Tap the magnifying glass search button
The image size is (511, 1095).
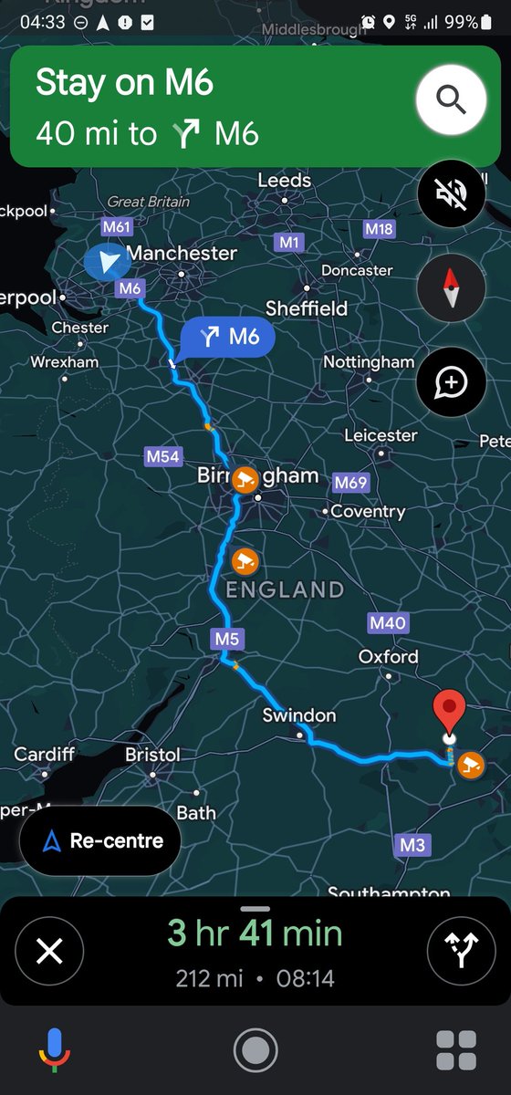click(x=451, y=99)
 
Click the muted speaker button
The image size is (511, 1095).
click(x=451, y=194)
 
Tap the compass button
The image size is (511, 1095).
click(x=451, y=288)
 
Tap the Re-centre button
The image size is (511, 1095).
click(x=99, y=840)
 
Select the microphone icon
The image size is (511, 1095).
click(x=55, y=1050)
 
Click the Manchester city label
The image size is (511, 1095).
click(x=182, y=253)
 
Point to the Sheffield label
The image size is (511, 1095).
click(x=307, y=308)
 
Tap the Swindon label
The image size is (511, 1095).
click(x=299, y=715)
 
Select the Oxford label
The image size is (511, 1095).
click(x=388, y=656)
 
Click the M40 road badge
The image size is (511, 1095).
click(x=388, y=623)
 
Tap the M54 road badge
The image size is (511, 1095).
click(x=163, y=456)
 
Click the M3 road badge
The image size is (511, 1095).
click(x=412, y=845)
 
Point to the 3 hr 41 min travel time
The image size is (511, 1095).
click(x=255, y=933)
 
